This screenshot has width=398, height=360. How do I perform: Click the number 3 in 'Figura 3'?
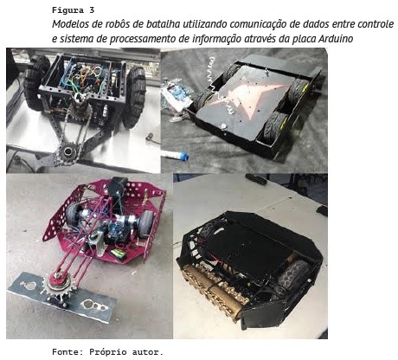(x=92, y=10)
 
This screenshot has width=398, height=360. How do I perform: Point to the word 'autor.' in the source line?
(x=148, y=352)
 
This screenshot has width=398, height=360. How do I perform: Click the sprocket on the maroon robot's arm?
(x=59, y=286)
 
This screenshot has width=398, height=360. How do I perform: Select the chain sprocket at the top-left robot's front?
(x=67, y=150)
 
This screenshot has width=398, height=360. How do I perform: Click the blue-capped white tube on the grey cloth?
(x=175, y=155)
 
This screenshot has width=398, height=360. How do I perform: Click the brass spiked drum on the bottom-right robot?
(x=214, y=288)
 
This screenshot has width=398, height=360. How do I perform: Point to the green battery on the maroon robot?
(x=119, y=254)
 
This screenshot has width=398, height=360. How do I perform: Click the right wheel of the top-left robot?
(x=134, y=97)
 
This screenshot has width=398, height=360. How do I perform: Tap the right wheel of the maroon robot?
(x=146, y=223)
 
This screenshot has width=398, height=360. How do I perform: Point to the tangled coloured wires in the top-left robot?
(x=87, y=78)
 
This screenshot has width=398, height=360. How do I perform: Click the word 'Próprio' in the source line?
(x=108, y=352)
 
